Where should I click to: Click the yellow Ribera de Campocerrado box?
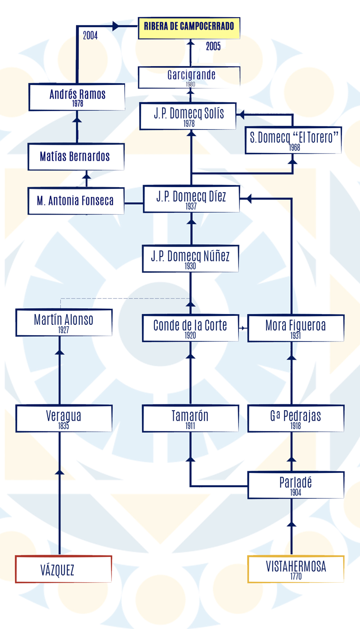189,28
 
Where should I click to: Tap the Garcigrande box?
189,77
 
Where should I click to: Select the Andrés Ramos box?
77,97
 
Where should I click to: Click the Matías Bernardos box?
76,157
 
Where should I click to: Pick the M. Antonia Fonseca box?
76,201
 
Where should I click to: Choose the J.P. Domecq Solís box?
188,116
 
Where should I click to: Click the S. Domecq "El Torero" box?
293,140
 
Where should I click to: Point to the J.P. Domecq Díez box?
192,199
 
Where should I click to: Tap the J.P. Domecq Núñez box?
191,259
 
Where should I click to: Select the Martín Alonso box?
64,323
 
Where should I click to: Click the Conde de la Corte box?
191,328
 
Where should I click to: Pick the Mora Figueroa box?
296,328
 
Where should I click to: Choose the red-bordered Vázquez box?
64,569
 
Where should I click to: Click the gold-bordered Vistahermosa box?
296,569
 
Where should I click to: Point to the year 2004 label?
90,36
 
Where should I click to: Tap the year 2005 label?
213,46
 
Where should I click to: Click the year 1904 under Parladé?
296,492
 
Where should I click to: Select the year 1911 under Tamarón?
190,426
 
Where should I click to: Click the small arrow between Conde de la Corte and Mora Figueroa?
243,328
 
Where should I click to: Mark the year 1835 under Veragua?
63,426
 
